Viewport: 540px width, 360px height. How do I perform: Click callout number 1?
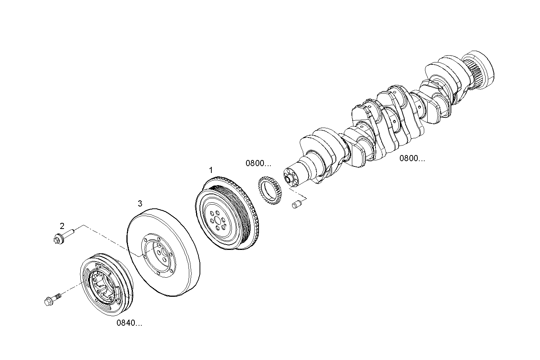pos(211,170)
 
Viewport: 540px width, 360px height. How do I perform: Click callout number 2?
pos(62,226)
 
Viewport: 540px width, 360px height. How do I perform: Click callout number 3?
pos(140,203)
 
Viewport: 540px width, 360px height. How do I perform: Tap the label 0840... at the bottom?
pos(129,323)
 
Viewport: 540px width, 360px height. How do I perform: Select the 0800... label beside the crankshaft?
pos(412,158)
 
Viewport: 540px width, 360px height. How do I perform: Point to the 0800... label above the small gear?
pos(258,163)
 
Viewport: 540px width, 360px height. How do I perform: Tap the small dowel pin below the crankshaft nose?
pos(297,205)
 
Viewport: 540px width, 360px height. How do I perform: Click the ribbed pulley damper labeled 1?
pos(225,215)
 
